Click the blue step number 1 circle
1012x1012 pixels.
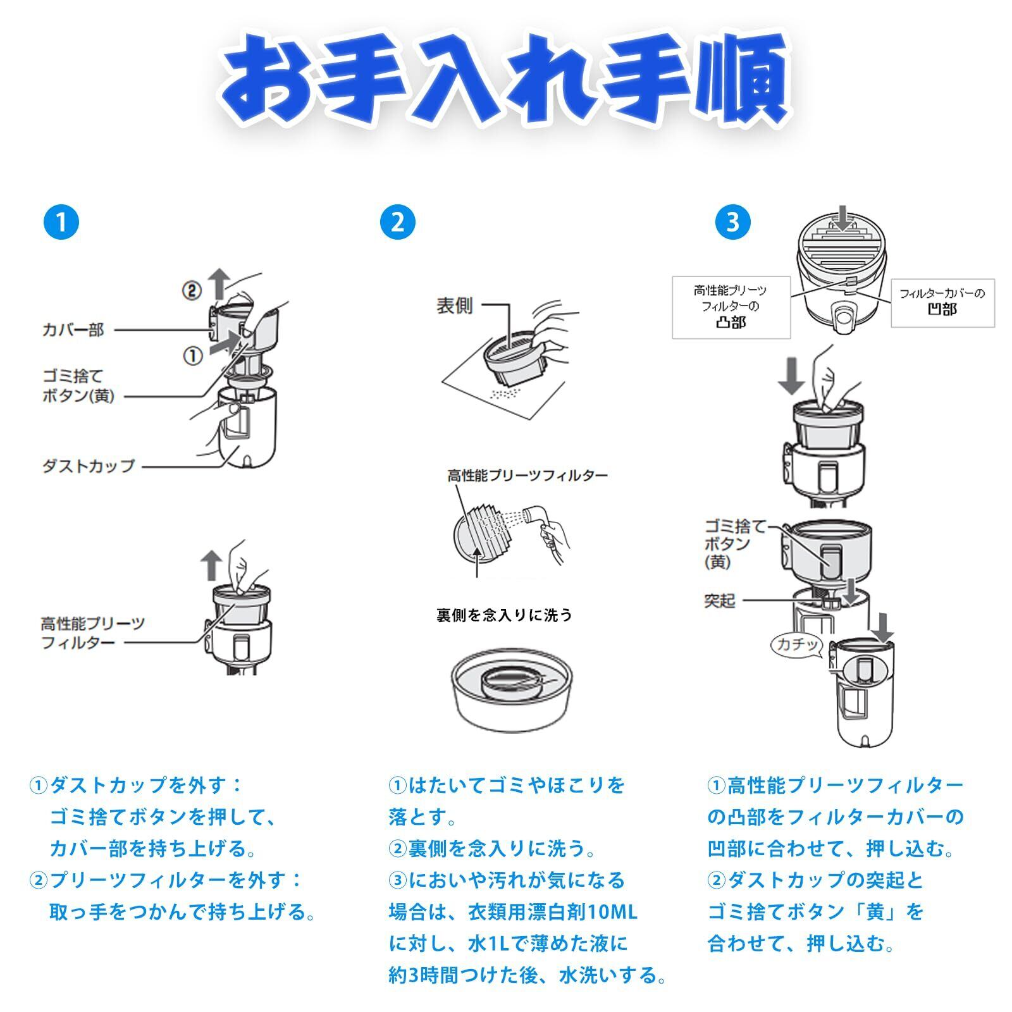pyautogui.click(x=61, y=222)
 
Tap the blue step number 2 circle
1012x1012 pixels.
pyautogui.click(x=397, y=222)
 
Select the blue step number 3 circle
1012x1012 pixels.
pyautogui.click(x=732, y=222)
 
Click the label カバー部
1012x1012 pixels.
pyautogui.click(x=73, y=330)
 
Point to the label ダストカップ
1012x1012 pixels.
pyautogui.click(x=89, y=466)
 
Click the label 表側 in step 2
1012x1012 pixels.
pyautogui.click(x=454, y=306)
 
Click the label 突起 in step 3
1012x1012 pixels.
pyautogui.click(x=719, y=600)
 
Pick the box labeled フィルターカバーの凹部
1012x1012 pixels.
pyautogui.click(x=942, y=302)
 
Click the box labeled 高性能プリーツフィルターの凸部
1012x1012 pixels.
pyautogui.click(x=731, y=307)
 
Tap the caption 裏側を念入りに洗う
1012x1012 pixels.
pyautogui.click(x=504, y=615)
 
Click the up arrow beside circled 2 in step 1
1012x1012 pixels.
pyautogui.click(x=219, y=283)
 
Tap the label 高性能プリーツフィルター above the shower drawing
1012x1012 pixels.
pyautogui.click(x=528, y=476)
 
